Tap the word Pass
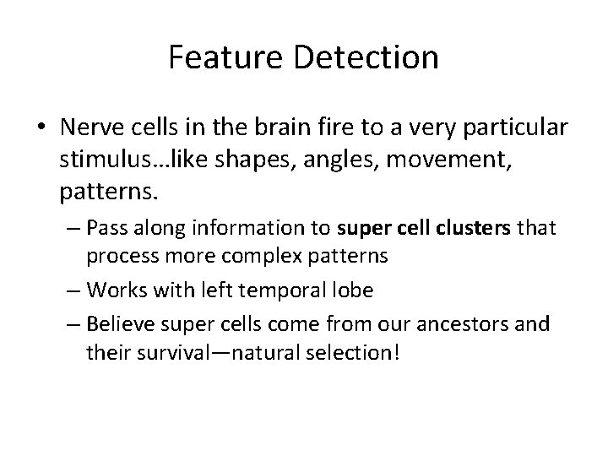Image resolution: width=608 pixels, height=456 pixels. click(x=103, y=228)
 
